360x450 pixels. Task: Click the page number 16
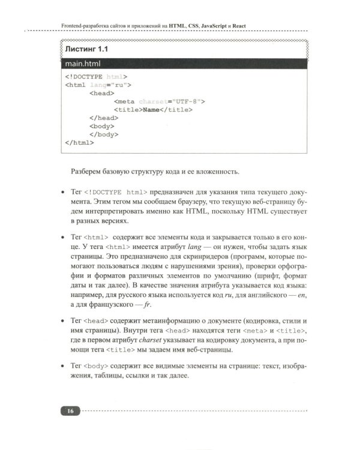(x=71, y=411)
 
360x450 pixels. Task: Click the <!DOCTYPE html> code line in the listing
(x=95, y=77)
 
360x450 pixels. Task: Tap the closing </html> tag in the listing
(x=79, y=143)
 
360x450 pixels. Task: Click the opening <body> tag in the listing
(x=101, y=127)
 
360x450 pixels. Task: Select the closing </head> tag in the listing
(x=104, y=119)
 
